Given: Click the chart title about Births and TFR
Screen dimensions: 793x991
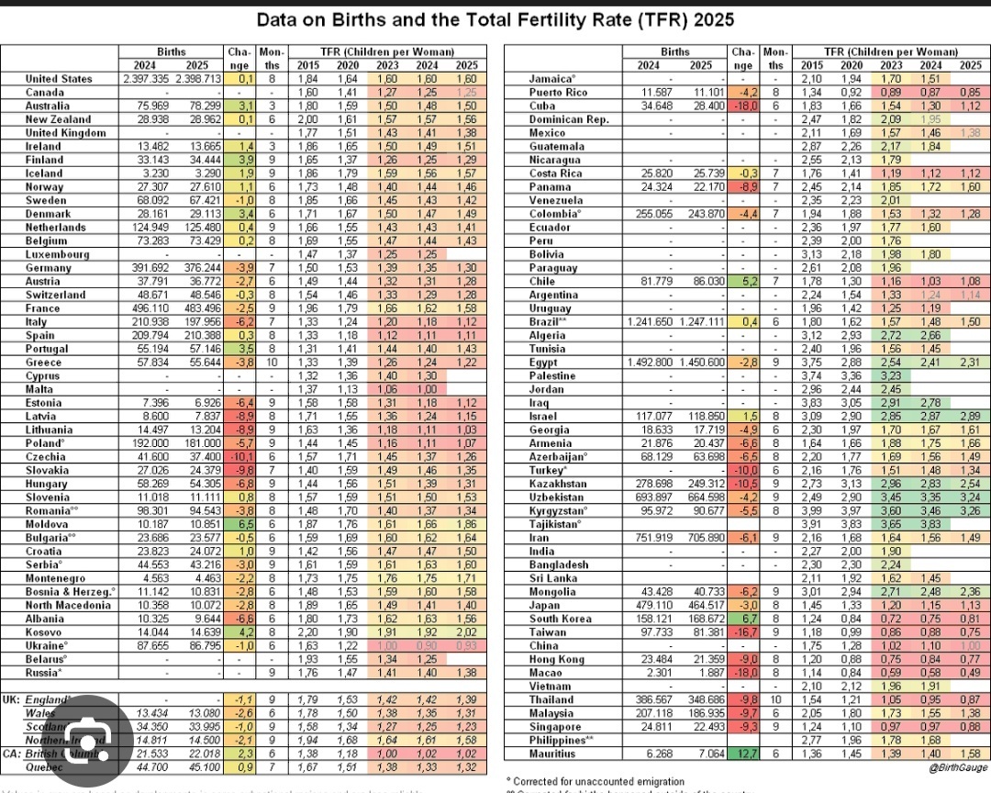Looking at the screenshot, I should (495, 19).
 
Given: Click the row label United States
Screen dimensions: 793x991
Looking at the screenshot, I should (59, 79).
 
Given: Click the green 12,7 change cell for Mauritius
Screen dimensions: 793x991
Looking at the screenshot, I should (743, 754).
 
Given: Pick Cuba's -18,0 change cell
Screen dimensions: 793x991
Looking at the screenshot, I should (743, 106).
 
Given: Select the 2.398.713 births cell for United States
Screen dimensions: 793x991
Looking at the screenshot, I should (197, 79).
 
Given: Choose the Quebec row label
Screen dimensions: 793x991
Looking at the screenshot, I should (45, 767).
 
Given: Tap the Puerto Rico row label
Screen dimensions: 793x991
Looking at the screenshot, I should (559, 93).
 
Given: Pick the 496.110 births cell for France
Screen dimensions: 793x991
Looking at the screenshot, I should (148, 308).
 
